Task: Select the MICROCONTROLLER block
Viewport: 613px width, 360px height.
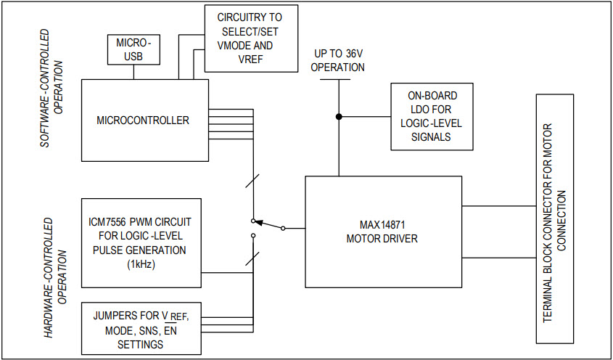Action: [144, 120]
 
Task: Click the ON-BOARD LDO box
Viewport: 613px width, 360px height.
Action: [431, 116]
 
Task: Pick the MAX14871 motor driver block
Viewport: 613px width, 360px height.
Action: [384, 231]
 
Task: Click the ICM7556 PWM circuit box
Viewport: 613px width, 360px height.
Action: [141, 242]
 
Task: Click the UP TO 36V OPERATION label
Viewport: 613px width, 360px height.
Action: [339, 61]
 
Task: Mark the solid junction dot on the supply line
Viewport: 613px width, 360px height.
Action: [339, 116]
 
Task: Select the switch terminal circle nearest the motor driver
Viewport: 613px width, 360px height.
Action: [283, 228]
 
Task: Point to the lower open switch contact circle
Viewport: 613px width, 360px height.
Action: [252, 236]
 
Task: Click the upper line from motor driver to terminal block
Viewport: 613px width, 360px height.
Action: [499, 205]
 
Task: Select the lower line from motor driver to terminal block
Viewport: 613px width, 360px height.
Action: [499, 258]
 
